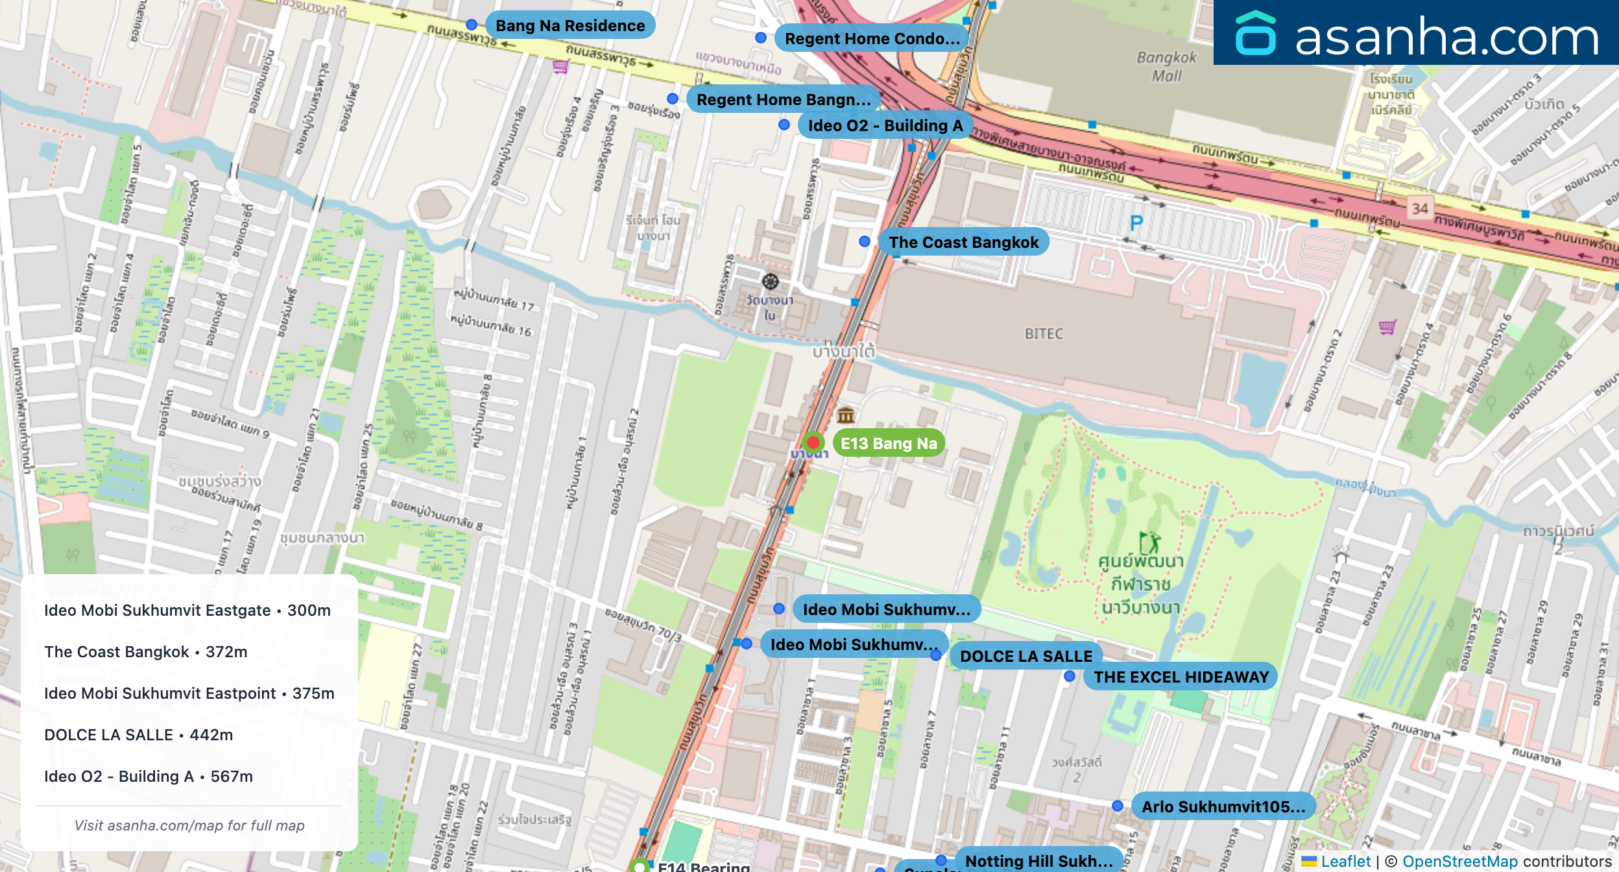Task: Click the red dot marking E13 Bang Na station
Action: [813, 442]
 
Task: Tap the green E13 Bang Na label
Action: [889, 443]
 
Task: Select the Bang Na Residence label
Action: [570, 25]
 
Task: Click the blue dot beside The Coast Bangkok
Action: [864, 241]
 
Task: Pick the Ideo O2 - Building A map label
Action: [885, 125]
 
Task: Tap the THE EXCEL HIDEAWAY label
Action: [1181, 677]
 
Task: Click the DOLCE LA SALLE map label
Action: [1025, 656]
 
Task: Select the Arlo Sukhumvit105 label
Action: [1223, 806]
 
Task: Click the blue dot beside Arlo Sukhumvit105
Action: [1117, 806]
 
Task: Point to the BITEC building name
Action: [1044, 333]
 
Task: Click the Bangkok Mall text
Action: [1166, 66]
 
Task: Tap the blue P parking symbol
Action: [1136, 223]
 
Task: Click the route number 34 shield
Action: [1420, 208]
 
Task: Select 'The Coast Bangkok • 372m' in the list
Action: [146, 651]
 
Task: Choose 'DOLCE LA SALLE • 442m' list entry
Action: [138, 734]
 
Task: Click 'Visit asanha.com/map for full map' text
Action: [189, 825]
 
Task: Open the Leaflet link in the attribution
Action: [1345, 861]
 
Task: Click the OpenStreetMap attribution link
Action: [1459, 861]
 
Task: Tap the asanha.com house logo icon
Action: [1255, 34]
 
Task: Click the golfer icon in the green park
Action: [1149, 542]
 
